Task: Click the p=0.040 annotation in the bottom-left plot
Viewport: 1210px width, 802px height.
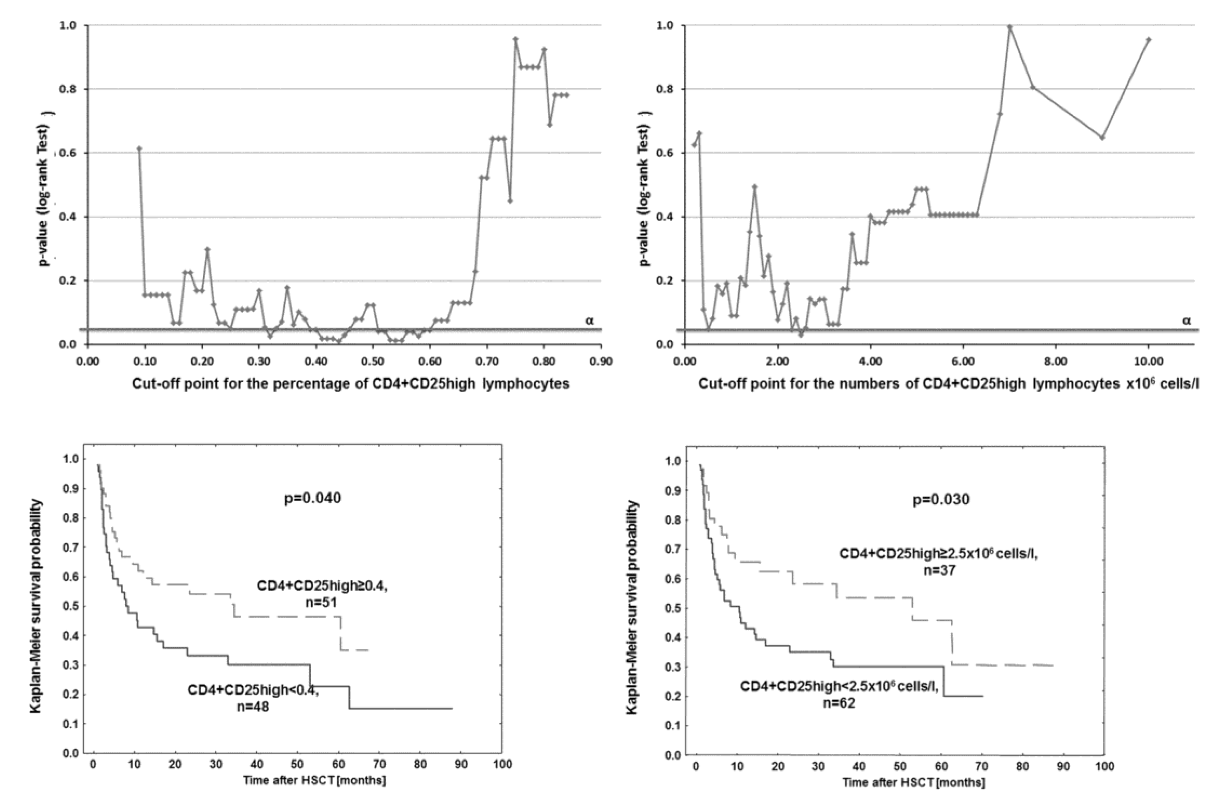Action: click(312, 498)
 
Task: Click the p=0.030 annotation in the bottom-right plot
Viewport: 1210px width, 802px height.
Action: click(941, 500)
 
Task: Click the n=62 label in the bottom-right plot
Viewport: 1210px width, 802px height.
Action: click(839, 703)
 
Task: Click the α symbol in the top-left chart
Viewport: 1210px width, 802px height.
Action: click(590, 321)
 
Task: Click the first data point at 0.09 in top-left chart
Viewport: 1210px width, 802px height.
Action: click(139, 148)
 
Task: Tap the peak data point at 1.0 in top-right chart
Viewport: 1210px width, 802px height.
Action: click(1010, 27)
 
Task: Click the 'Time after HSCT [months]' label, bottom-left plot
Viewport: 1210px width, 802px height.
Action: click(314, 780)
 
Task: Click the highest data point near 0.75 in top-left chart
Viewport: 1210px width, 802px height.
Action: click(515, 39)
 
